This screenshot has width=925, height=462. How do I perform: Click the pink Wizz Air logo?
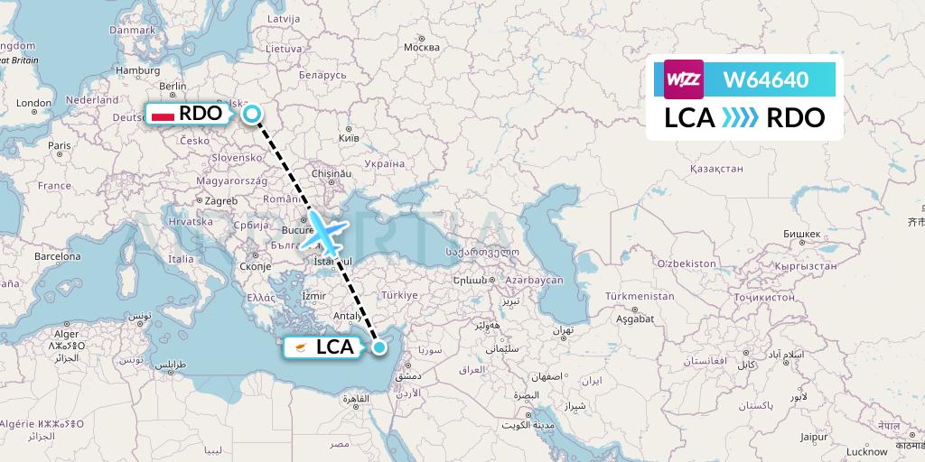[x=683, y=79]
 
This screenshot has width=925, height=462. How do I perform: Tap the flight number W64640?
[x=765, y=79]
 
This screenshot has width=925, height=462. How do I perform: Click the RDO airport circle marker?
[x=253, y=113]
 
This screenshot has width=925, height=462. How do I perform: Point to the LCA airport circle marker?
[x=379, y=346]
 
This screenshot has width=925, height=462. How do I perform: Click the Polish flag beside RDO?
[x=164, y=115]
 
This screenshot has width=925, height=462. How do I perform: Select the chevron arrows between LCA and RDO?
[x=741, y=117]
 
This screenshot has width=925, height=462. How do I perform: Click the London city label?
[x=33, y=103]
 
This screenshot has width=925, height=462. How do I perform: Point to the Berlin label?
[x=172, y=86]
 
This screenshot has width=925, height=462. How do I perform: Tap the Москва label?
[x=421, y=47]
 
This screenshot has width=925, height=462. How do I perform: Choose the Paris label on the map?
[x=59, y=145]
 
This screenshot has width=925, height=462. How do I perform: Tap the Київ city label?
[x=348, y=138]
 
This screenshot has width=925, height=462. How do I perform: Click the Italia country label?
[x=181, y=259]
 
